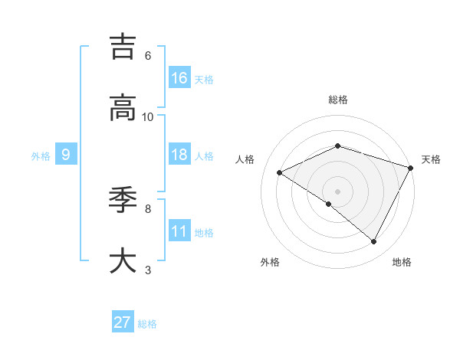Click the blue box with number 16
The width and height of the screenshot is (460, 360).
pyautogui.click(x=179, y=78)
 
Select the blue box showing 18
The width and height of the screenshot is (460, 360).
pyautogui.click(x=179, y=155)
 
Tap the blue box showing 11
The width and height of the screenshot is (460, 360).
pyautogui.click(x=179, y=231)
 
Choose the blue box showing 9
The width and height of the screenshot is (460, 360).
pyautogui.click(x=66, y=155)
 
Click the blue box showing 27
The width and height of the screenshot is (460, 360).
pyautogui.click(x=123, y=322)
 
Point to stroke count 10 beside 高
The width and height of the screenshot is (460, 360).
pyautogui.click(x=148, y=116)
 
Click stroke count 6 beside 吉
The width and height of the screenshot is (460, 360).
pyautogui.click(x=148, y=56)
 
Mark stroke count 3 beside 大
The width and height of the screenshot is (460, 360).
pyautogui.click(x=148, y=270)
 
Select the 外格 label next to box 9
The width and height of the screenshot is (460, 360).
pyautogui.click(x=41, y=155)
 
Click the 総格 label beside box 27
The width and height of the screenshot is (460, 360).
pyautogui.click(x=147, y=324)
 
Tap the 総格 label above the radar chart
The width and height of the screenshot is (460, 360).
pyautogui.click(x=337, y=100)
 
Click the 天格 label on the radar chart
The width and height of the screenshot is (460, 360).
pyautogui.click(x=432, y=159)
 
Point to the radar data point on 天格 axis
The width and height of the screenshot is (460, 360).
pyautogui.click(x=411, y=168)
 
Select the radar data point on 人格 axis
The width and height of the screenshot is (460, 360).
pyautogui.click(x=280, y=172)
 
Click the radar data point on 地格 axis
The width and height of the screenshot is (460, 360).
pyautogui.click(x=374, y=241)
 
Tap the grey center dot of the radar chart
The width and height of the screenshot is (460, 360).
pyautogui.click(x=337, y=191)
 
